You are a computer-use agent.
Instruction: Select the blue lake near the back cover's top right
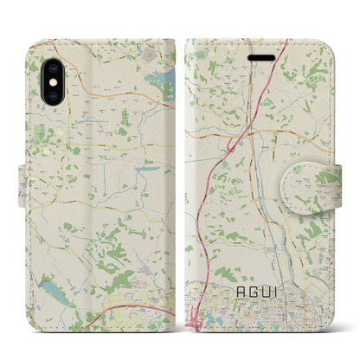pos(161,84)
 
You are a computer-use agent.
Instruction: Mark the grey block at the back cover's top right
pos(151,55)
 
